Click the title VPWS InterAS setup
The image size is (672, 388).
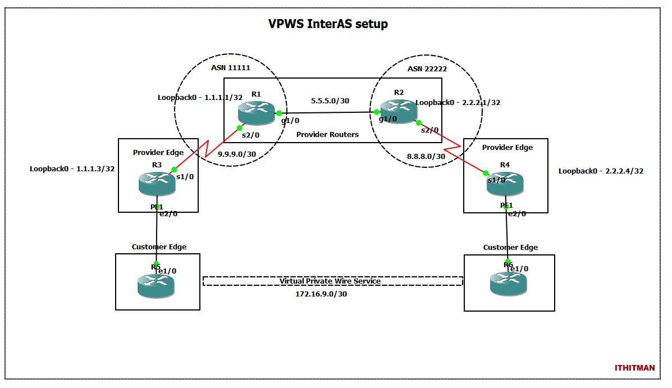click(328, 24)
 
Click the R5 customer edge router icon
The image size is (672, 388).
click(156, 285)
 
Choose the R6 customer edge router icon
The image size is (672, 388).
click(508, 284)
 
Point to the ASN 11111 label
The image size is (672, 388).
click(230, 67)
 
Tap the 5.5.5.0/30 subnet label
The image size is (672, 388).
click(330, 102)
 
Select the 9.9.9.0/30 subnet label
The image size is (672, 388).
click(237, 154)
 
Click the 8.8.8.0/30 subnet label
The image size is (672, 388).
click(426, 157)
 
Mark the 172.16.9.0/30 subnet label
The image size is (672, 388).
click(321, 294)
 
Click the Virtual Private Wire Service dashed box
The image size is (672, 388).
click(332, 281)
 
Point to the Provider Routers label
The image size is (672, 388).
click(327, 134)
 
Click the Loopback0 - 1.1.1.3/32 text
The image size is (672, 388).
click(72, 168)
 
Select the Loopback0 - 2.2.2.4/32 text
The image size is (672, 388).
click(601, 171)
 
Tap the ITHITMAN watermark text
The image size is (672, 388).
click(634, 368)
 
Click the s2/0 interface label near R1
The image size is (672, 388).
click(250, 135)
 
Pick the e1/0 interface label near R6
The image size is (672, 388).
click(519, 268)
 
